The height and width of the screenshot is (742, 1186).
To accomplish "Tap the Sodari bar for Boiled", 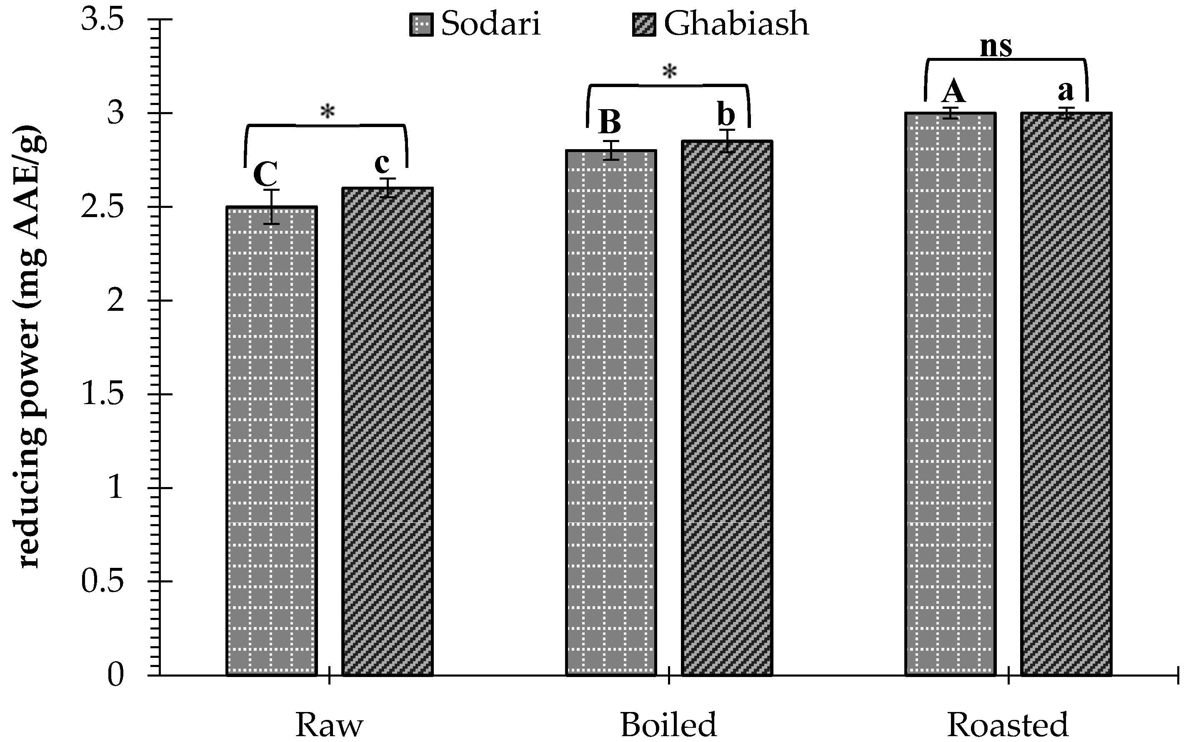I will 611,412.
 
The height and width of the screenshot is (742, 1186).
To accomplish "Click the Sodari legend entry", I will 475,24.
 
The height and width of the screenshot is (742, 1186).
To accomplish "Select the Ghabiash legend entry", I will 721,24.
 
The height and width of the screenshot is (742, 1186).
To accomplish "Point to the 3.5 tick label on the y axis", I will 102,20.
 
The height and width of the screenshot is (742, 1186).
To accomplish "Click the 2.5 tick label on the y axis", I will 102,207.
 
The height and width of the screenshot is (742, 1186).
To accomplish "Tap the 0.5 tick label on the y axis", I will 102,582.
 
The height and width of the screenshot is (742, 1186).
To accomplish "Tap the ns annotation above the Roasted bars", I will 996,47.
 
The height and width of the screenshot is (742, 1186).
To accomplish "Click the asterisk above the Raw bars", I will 328,112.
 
